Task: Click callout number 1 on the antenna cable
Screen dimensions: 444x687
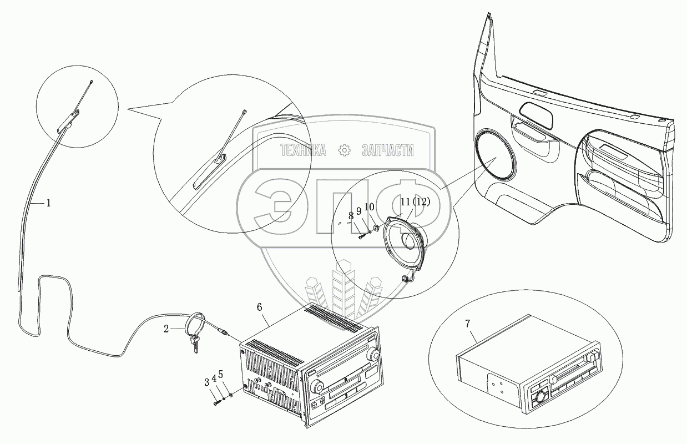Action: (x=48, y=203)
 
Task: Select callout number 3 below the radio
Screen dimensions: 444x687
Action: (x=206, y=382)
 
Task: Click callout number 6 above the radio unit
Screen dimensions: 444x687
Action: (x=261, y=307)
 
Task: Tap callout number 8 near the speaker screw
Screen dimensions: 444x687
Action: (x=351, y=216)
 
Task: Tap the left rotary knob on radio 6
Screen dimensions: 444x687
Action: (x=319, y=386)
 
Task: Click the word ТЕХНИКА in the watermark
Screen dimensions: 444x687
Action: (x=302, y=150)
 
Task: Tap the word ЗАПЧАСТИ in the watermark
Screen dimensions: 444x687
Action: (x=387, y=150)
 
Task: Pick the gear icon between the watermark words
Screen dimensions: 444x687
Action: (x=344, y=150)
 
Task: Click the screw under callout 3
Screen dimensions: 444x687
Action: (x=216, y=403)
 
